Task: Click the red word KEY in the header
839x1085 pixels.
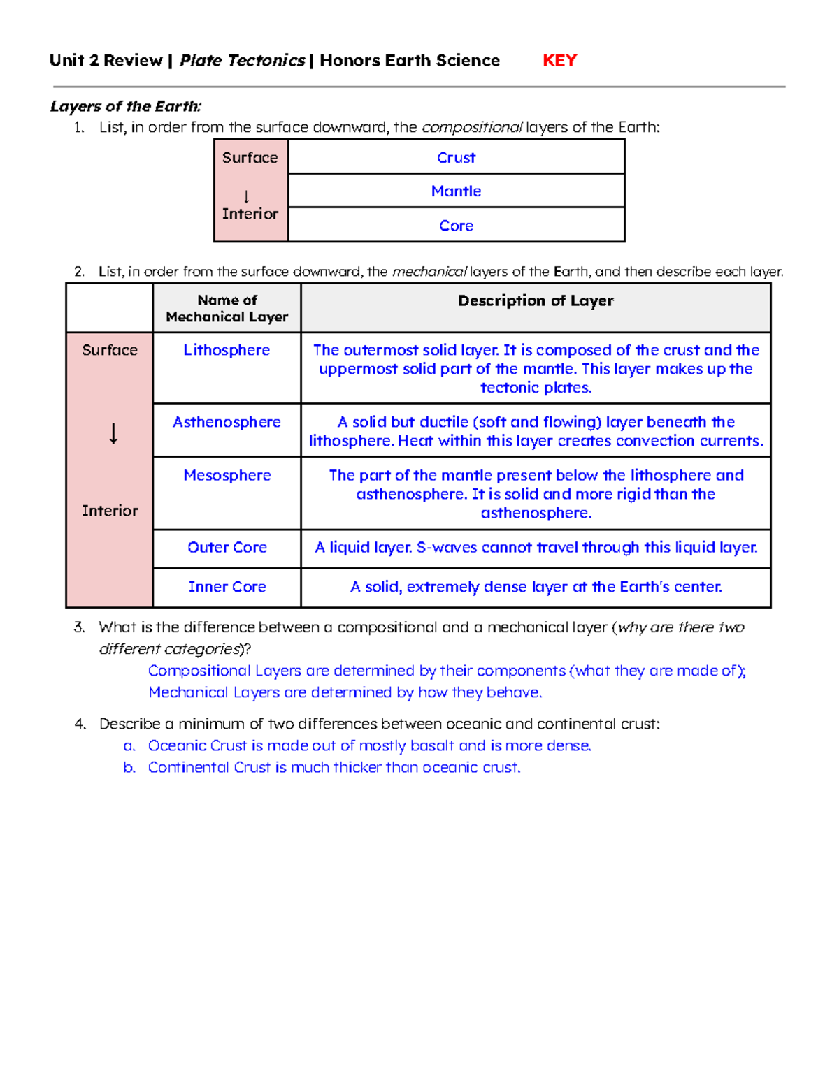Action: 559,61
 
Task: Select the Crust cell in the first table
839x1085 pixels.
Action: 456,158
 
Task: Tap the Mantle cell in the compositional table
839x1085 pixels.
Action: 456,191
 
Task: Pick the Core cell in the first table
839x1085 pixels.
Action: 456,226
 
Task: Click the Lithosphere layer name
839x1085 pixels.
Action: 227,350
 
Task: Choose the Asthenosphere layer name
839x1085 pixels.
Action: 227,422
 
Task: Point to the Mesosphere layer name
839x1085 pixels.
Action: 227,475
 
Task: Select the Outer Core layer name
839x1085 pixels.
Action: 227,548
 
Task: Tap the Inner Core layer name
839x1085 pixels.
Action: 227,587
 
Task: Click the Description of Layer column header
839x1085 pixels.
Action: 536,301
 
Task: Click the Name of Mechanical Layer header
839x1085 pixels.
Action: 227,308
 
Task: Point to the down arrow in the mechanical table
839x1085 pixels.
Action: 113,434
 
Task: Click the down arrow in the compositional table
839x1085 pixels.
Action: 246,197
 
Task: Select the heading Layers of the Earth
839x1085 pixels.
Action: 126,106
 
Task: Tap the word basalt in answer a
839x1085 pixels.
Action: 433,746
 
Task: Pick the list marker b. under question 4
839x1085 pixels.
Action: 129,768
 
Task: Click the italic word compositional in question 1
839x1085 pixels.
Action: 472,128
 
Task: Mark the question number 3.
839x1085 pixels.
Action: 79,627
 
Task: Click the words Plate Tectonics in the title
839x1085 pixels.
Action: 242,61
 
